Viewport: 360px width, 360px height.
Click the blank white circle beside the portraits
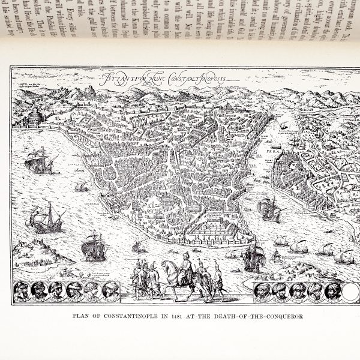pyautogui.click(x=349, y=291)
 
